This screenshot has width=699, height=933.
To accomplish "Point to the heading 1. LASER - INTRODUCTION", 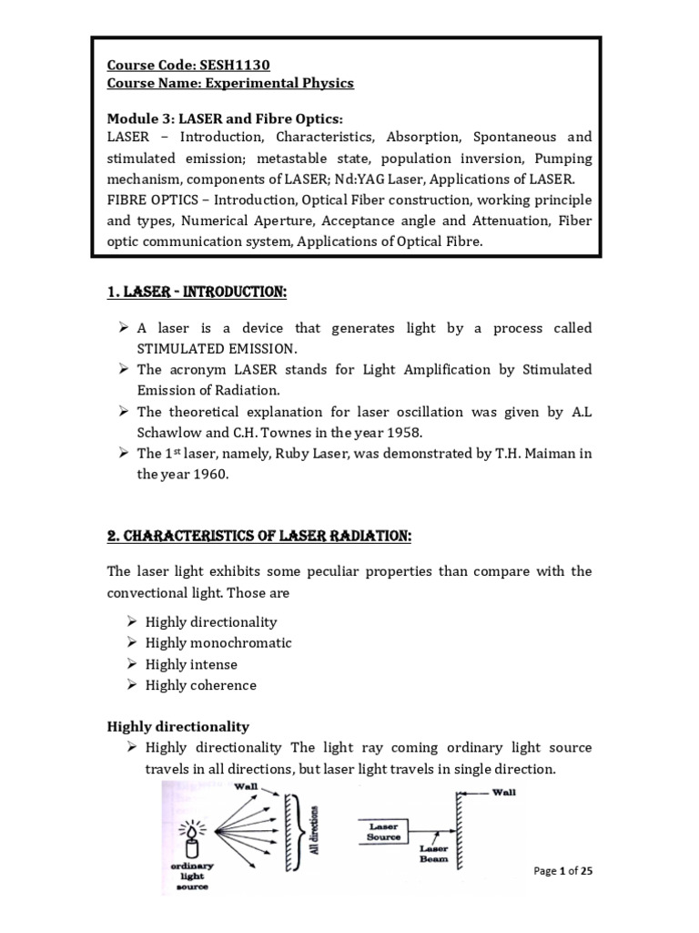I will [197, 292].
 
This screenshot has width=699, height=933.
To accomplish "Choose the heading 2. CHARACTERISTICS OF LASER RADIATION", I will [259, 537].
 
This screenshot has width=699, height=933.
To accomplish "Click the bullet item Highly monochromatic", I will [218, 643].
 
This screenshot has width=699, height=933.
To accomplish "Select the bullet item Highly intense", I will [191, 664].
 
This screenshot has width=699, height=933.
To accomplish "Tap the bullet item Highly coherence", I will [201, 685].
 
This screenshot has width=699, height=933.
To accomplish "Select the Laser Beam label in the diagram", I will [433, 854].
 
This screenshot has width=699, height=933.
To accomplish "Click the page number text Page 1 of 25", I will [562, 871].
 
